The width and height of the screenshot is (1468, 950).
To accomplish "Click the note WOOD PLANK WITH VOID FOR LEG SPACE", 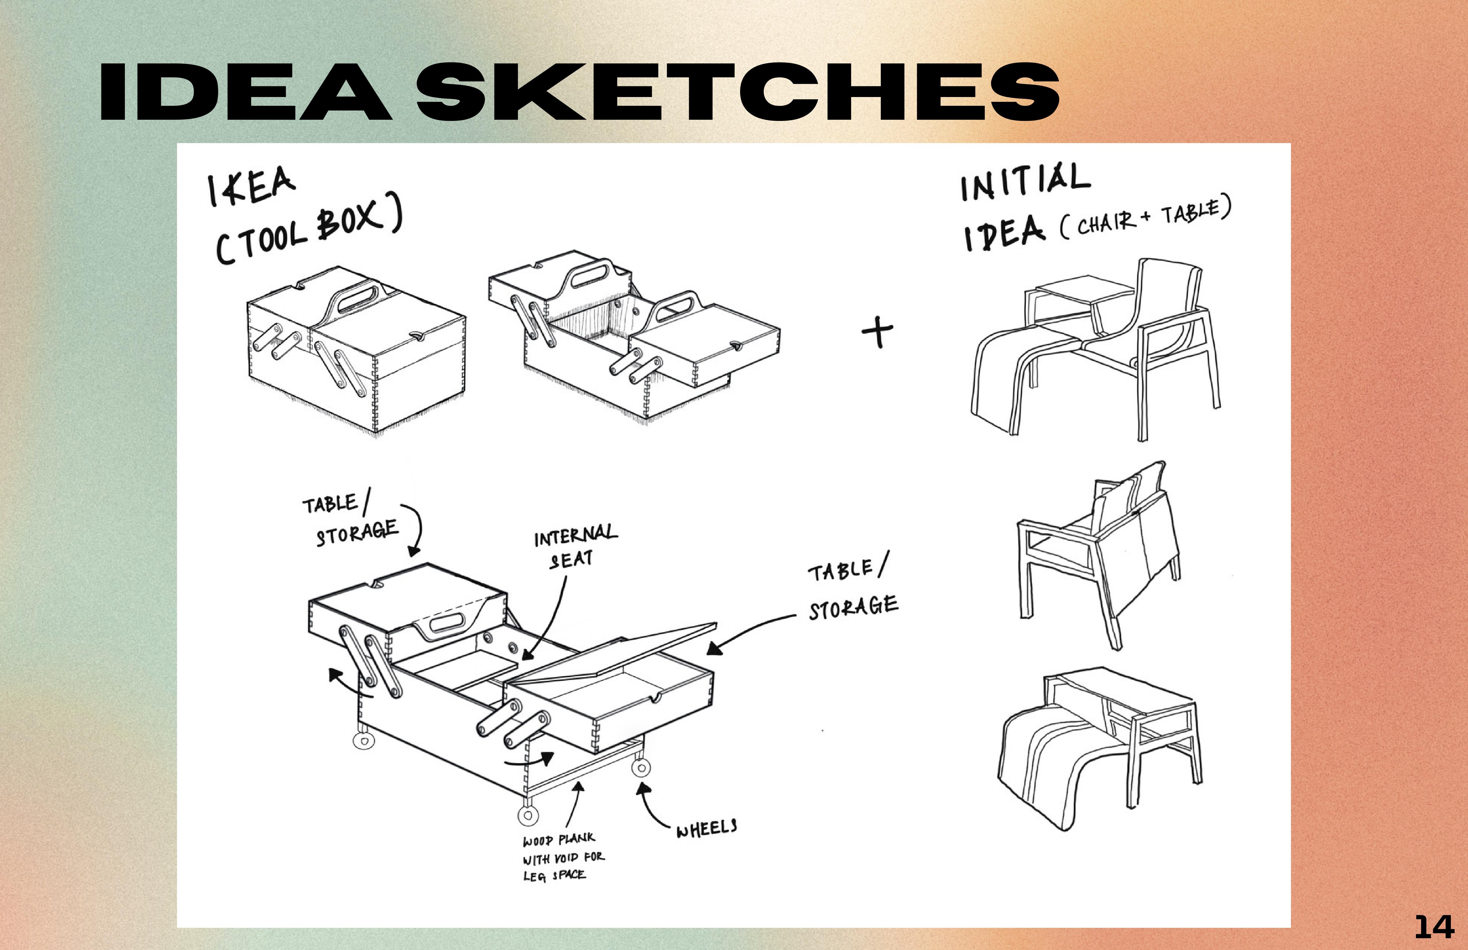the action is point(563,858).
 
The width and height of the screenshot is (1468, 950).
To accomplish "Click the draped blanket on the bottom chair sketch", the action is point(1049,765).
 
